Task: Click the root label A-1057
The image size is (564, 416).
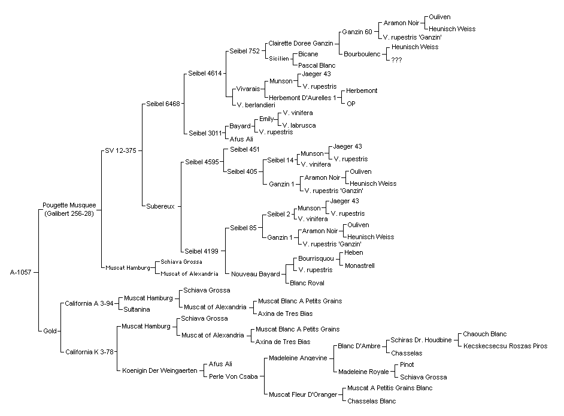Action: pyautogui.click(x=20, y=272)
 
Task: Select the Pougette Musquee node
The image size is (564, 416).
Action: pyautogui.click(x=69, y=209)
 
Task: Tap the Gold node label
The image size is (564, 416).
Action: pyautogui.click(x=50, y=331)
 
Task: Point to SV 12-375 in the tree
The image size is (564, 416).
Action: pyautogui.click(x=120, y=150)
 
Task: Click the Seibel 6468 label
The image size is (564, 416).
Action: pyautogui.click(x=163, y=104)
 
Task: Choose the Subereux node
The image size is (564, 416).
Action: pyautogui.click(x=160, y=206)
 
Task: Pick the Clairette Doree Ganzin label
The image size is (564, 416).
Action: pyautogui.click(x=301, y=43)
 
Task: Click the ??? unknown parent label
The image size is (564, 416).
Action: pyautogui.click(x=396, y=60)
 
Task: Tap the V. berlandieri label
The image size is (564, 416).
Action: pyautogui.click(x=256, y=105)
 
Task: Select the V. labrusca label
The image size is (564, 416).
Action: pyautogui.click(x=299, y=125)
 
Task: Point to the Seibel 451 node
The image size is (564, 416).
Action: pyautogui.click(x=245, y=149)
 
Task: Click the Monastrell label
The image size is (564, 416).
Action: pyautogui.click(x=360, y=266)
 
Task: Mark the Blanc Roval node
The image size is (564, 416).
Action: pyautogui.click(x=307, y=283)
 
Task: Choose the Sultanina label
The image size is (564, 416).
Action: pyautogui.click(x=137, y=309)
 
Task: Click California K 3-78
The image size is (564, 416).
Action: pyautogui.click(x=89, y=352)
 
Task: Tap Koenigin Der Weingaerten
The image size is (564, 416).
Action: pyautogui.click(x=160, y=370)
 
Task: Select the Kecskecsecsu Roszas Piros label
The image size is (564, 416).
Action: pyautogui.click(x=505, y=346)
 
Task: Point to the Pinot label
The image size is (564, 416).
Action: pyautogui.click(x=407, y=364)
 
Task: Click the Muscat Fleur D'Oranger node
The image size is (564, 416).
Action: pyautogui.click(x=303, y=395)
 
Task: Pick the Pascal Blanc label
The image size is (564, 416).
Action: pyautogui.click(x=317, y=65)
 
